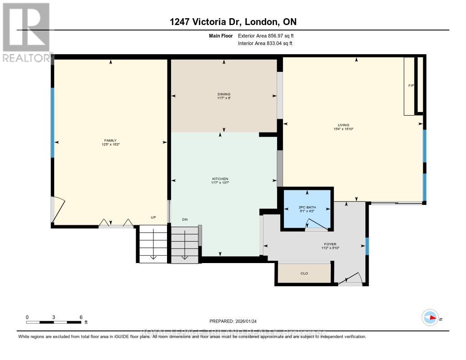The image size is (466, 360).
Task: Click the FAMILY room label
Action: [111, 140]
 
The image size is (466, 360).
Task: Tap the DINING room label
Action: [224, 94]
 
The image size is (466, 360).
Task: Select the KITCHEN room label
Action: [220, 178]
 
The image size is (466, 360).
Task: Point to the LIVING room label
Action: [343, 125]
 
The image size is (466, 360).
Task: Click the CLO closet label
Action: [304, 274]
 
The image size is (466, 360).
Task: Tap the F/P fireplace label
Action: [410, 85]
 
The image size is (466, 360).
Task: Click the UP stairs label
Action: [154, 218]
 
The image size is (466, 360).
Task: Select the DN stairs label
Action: [185, 219]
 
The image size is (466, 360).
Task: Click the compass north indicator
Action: [430, 318]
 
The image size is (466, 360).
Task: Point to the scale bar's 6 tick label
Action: [81, 317]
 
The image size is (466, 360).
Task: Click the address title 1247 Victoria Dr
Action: [233, 22]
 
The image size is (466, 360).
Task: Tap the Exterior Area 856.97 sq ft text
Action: [268, 35]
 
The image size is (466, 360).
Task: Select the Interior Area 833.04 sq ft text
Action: [265, 44]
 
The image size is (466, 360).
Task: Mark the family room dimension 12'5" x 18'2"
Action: [111, 144]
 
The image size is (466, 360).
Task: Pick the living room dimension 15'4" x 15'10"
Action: [343, 129]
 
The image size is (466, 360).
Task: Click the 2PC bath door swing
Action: [314, 224]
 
